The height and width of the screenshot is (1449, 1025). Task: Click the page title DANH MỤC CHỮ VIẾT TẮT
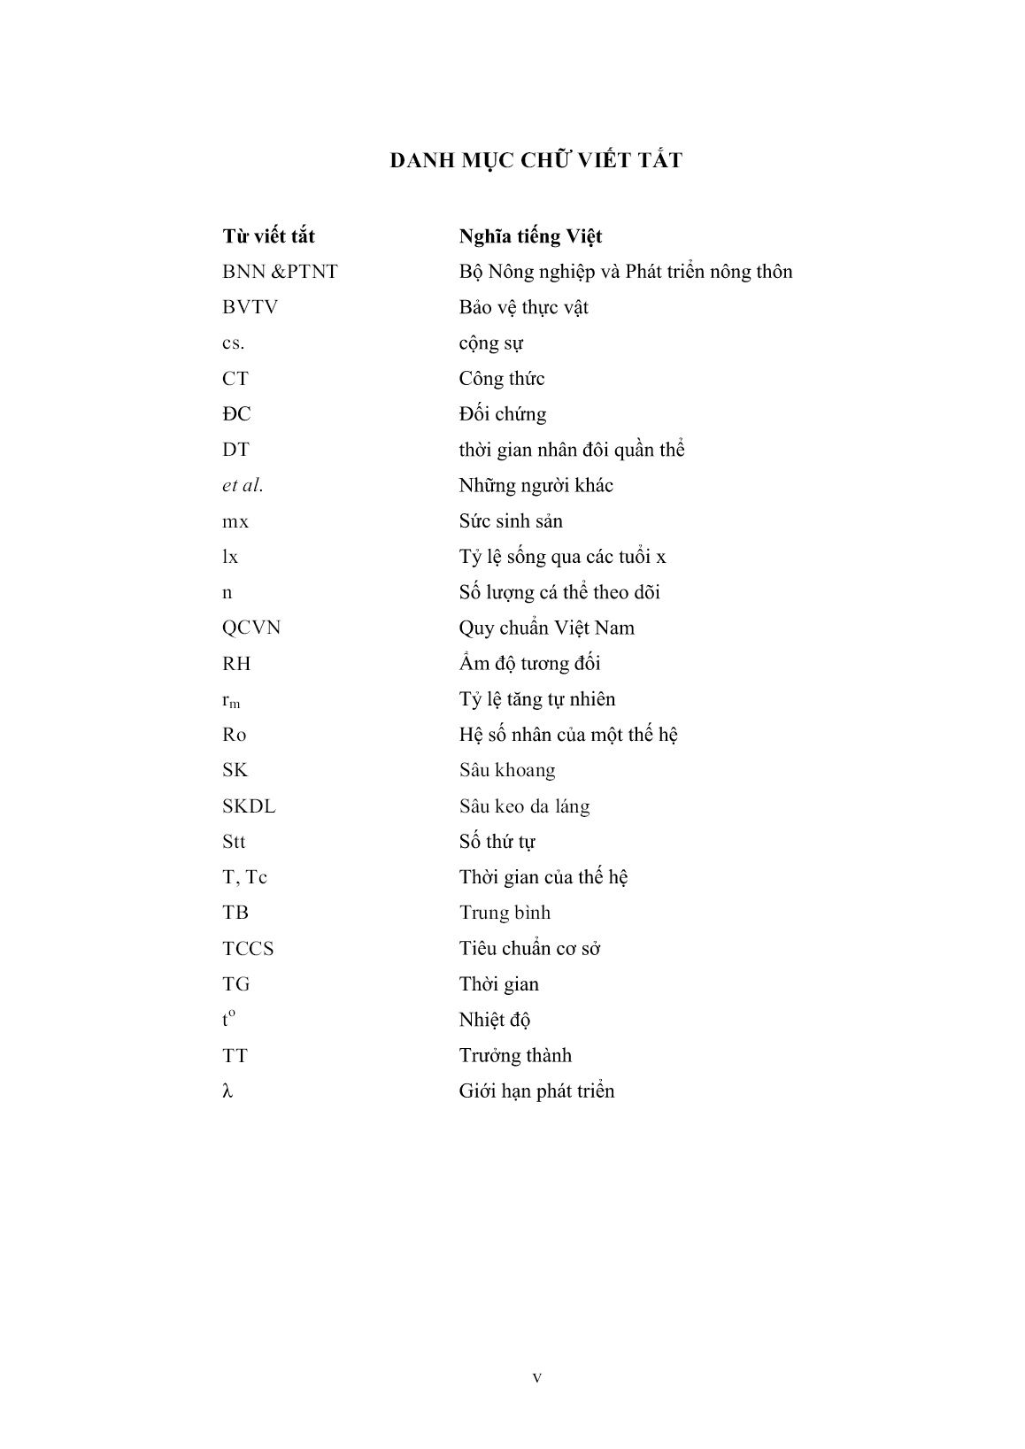point(536,160)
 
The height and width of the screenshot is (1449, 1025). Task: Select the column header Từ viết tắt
point(268,236)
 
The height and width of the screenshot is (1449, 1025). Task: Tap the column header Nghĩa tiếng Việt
point(530,236)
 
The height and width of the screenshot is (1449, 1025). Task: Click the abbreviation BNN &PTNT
point(280,272)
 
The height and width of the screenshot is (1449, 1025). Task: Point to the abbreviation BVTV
point(250,307)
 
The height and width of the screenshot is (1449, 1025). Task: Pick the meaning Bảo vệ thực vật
point(523,307)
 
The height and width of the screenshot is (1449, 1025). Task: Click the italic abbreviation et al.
point(243,485)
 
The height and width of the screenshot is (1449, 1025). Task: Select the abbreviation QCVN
point(251,628)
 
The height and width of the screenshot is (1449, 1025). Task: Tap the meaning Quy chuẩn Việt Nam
point(546,628)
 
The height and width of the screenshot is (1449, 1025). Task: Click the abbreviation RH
point(236,663)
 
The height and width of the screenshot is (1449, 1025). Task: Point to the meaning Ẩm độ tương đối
point(529,663)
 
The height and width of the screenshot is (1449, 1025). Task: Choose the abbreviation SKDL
point(249,806)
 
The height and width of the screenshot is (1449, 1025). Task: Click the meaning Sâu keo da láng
point(524,806)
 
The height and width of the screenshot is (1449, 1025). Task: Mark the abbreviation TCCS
point(248,949)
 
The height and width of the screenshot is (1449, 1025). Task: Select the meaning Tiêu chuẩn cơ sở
point(529,949)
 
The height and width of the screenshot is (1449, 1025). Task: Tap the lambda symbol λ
point(227,1091)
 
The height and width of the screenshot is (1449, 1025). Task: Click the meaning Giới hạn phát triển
point(536,1091)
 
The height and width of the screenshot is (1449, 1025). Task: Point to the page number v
point(536,1377)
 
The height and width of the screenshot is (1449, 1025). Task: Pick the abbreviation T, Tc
point(244,877)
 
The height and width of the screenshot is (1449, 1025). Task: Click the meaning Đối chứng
point(502,414)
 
